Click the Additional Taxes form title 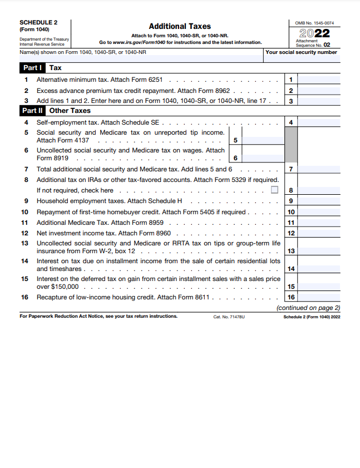click(x=180, y=26)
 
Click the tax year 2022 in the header click(x=315, y=33)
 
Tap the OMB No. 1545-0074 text click(x=315, y=23)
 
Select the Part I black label click(x=31, y=68)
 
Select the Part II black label click(x=32, y=111)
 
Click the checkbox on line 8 click(x=274, y=190)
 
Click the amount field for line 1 click(x=319, y=80)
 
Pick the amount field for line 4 click(x=319, y=122)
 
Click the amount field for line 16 click(x=319, y=297)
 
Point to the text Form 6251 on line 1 click(x=149, y=80)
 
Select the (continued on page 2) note click(x=308, y=307)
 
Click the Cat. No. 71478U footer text click(x=229, y=316)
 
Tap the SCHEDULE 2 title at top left click(x=38, y=23)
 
